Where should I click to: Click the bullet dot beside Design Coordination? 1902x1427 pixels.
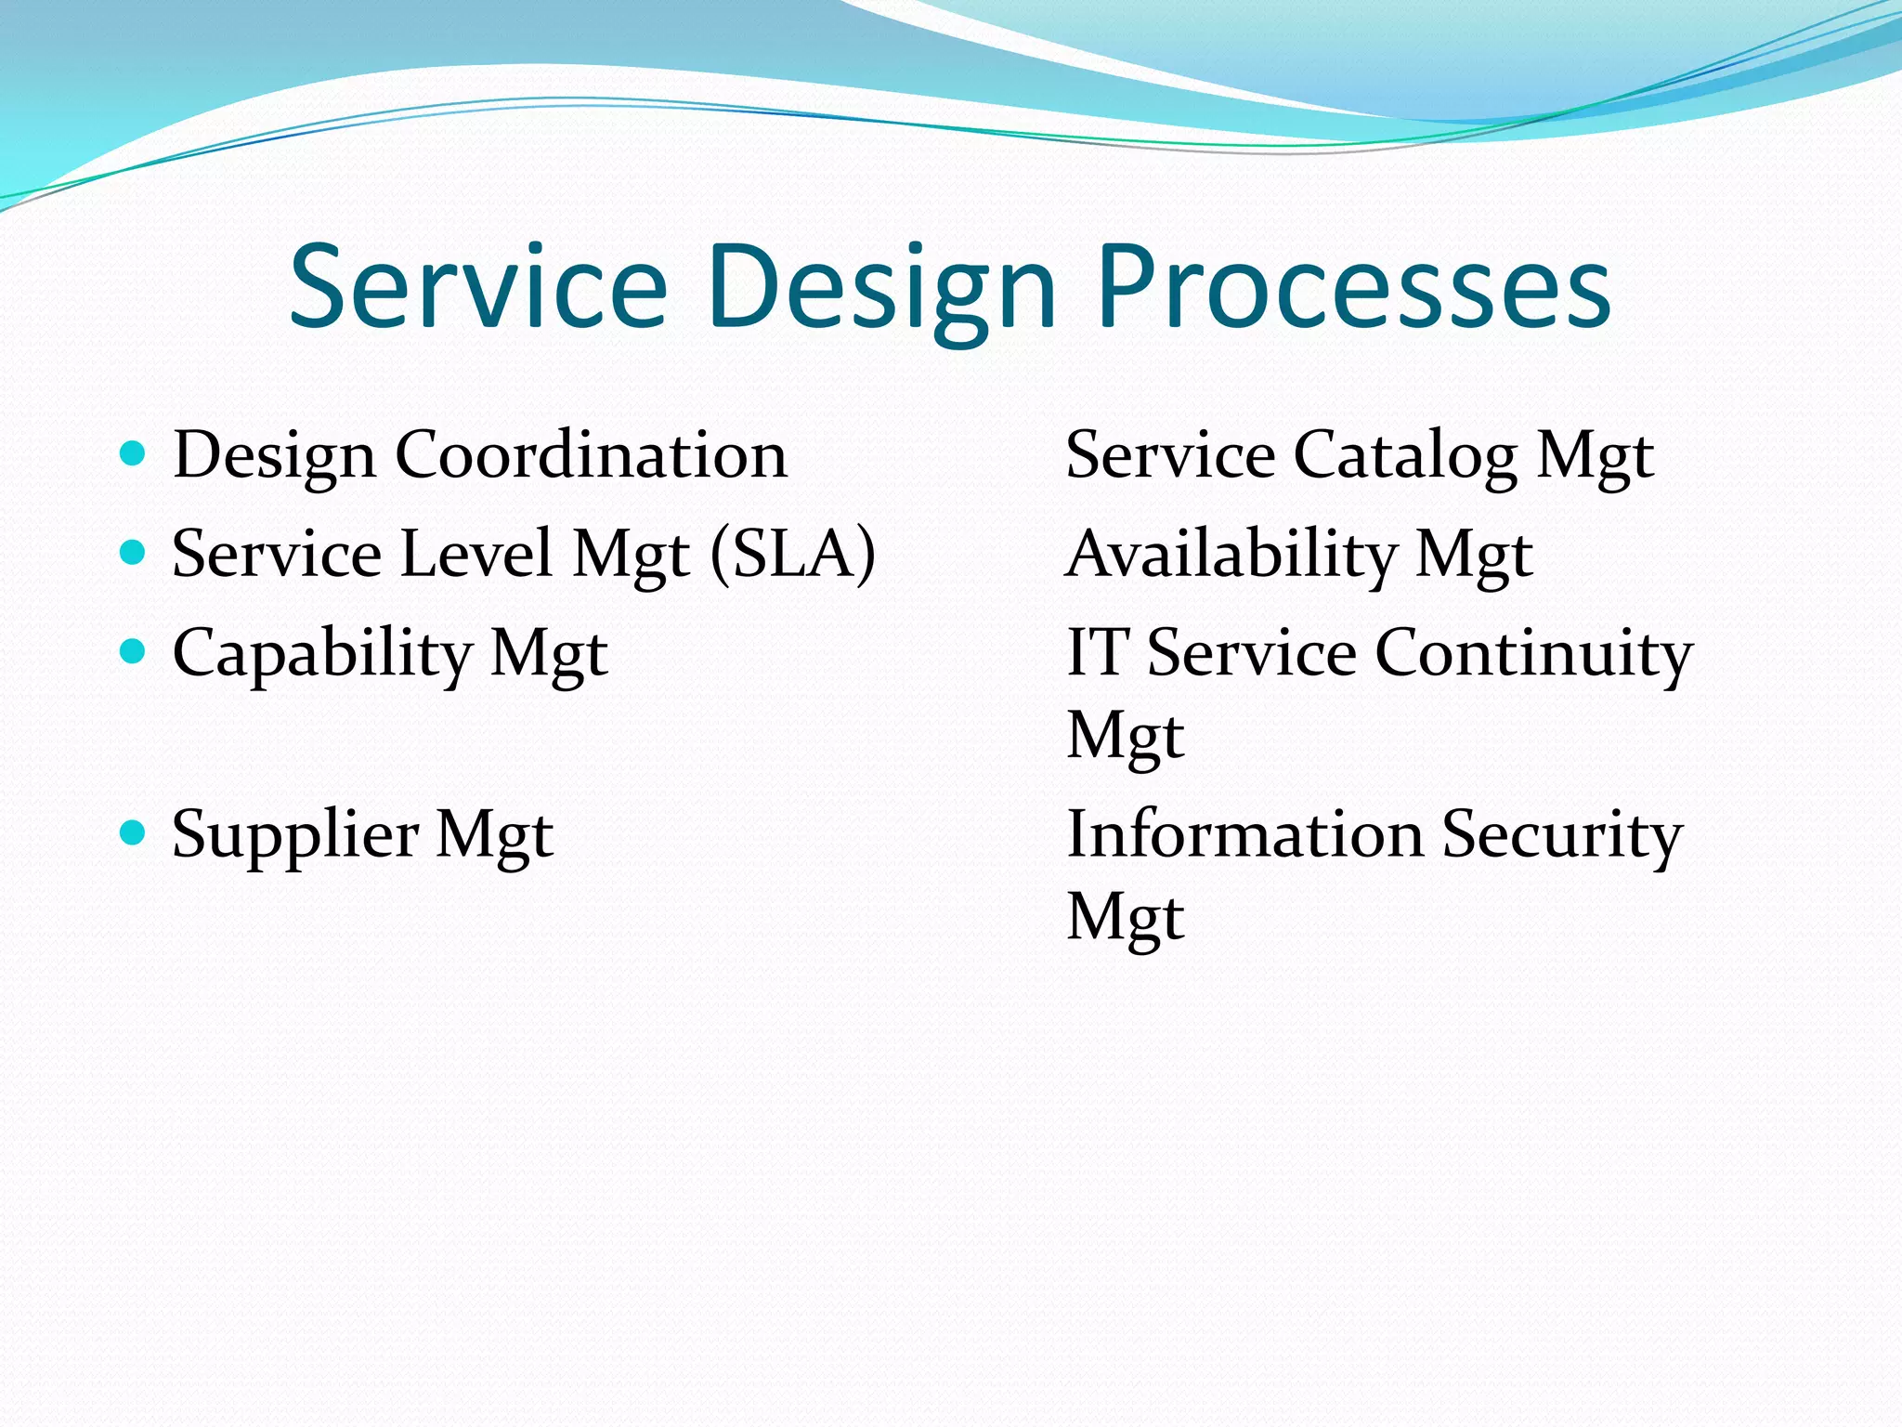point(134,453)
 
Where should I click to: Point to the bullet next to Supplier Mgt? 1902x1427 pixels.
point(134,831)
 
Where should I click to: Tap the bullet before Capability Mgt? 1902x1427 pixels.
point(134,650)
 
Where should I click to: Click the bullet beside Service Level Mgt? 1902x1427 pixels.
point(134,552)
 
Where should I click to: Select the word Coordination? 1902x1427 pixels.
point(592,455)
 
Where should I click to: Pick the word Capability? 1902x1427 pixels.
point(322,653)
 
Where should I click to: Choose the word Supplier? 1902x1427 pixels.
point(295,835)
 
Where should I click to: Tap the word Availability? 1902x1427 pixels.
point(1231,555)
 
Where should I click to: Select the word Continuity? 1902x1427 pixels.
point(1533,653)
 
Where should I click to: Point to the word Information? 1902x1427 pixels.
point(1244,833)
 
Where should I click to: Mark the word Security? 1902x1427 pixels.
point(1561,835)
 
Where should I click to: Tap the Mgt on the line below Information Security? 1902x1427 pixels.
point(1126,917)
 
